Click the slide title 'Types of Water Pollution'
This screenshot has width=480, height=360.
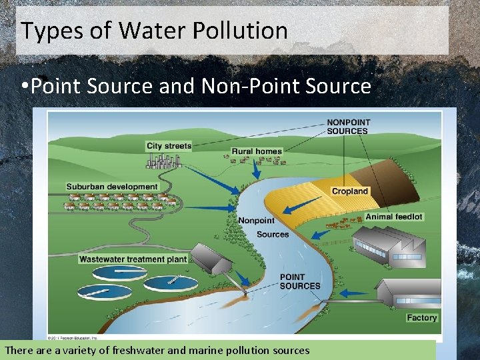(x=154, y=31)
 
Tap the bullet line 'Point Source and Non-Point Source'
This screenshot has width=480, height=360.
(x=200, y=86)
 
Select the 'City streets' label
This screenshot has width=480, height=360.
(x=169, y=146)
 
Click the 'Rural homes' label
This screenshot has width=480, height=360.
(x=257, y=151)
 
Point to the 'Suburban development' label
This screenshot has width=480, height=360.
(x=112, y=187)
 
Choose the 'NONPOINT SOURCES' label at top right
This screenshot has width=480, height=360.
(x=347, y=127)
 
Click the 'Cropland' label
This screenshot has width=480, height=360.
(x=350, y=191)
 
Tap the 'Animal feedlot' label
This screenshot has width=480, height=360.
(x=394, y=217)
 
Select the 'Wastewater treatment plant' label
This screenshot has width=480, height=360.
(x=133, y=259)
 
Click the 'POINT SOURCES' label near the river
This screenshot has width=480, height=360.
(x=300, y=281)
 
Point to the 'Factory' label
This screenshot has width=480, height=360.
(x=421, y=317)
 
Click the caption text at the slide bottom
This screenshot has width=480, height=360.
(x=157, y=350)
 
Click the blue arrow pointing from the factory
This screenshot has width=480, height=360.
(x=353, y=293)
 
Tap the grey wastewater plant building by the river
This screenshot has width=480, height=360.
(x=212, y=259)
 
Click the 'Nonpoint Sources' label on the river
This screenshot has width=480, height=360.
(x=263, y=227)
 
